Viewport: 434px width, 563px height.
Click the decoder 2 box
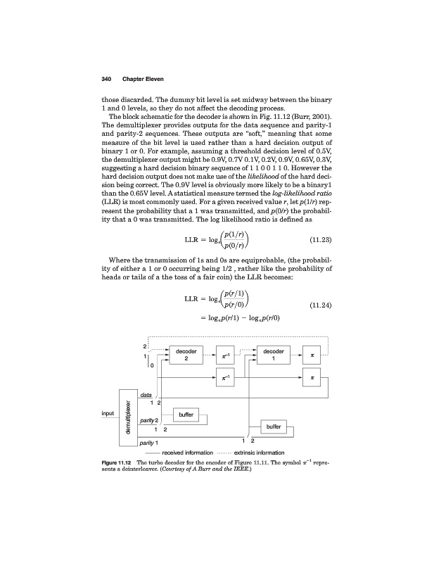pyautogui.click(x=186, y=355)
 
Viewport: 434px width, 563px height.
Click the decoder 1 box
pyautogui.click(x=272, y=355)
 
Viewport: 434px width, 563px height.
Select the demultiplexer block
pyautogui.click(x=127, y=416)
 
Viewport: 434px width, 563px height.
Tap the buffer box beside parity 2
pyautogui.click(x=186, y=415)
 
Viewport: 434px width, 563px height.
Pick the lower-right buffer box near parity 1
pyautogui.click(x=274, y=426)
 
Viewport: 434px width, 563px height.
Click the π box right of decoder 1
pyautogui.click(x=312, y=356)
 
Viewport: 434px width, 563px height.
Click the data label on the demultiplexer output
pyautogui.click(x=146, y=396)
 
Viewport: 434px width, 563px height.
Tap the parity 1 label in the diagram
pyautogui.click(x=148, y=443)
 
